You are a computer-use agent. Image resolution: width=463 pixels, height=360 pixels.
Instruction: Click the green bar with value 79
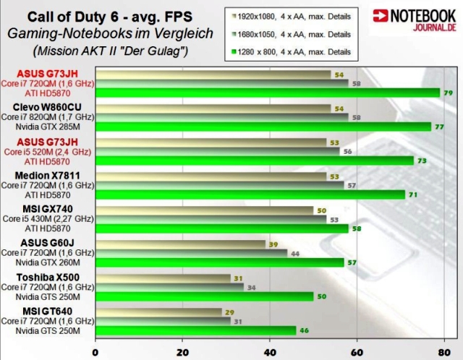tap(268, 93)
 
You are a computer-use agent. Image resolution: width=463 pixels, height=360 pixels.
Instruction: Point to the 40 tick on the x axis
tap(269, 353)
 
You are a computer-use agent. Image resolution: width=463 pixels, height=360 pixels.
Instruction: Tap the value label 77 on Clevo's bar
tap(438, 127)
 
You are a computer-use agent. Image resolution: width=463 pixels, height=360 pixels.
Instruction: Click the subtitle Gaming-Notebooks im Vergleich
tap(111, 33)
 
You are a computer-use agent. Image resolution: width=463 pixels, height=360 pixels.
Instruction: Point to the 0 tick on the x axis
tap(95, 353)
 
